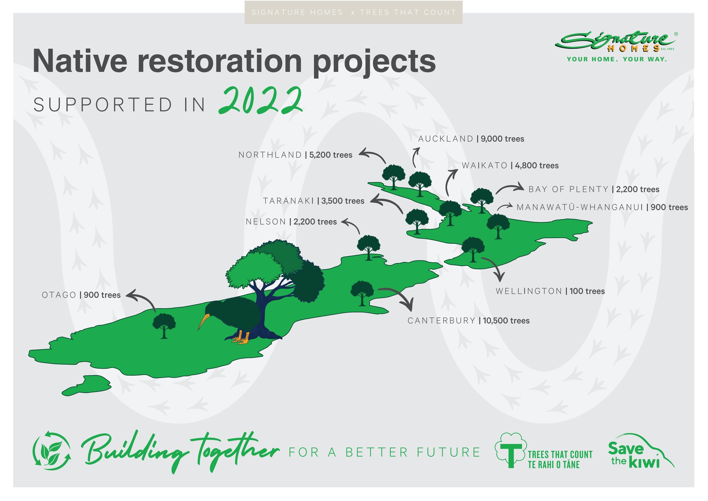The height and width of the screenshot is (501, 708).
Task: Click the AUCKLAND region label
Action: (446, 139)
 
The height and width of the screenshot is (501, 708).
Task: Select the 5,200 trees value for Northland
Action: (331, 155)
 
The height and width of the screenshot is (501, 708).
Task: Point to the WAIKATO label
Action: (484, 166)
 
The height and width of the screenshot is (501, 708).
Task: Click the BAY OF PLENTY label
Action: (569, 189)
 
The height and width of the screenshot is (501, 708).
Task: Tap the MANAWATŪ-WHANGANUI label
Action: (580, 207)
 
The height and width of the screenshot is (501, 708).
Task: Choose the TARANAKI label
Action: (288, 201)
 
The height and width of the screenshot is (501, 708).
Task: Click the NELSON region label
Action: (266, 222)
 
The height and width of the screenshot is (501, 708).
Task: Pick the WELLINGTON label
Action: (529, 291)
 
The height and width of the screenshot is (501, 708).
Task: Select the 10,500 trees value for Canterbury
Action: (506, 321)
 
